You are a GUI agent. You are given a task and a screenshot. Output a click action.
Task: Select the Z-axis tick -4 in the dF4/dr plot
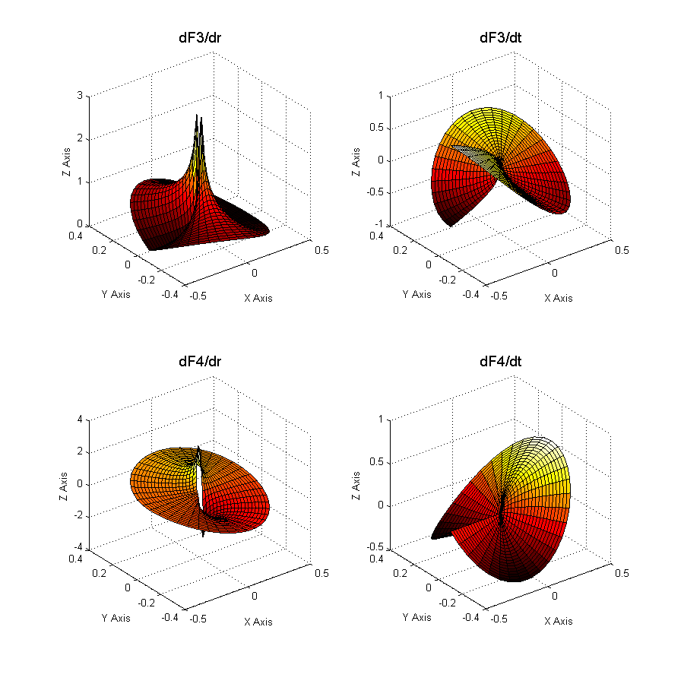click(78, 549)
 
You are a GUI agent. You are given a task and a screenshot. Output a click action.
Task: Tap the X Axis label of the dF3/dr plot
click(258, 297)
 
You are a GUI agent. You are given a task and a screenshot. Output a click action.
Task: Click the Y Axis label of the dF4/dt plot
click(416, 617)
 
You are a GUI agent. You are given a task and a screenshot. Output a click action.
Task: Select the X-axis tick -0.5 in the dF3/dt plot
click(498, 296)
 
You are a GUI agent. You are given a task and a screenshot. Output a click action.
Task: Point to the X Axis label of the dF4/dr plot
click(258, 621)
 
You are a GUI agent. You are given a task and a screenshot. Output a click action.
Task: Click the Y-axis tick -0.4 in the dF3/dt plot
click(471, 293)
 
